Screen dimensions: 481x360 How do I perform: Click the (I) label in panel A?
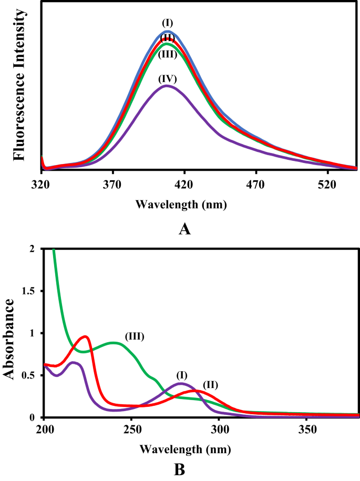point(168,23)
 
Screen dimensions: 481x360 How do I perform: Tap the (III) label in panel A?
point(168,54)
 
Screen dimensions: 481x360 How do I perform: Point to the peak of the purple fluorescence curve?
point(167,86)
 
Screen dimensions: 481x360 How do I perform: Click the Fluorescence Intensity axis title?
point(19,87)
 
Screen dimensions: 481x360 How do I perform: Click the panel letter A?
point(184,229)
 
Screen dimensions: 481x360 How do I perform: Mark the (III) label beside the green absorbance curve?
point(135,336)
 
